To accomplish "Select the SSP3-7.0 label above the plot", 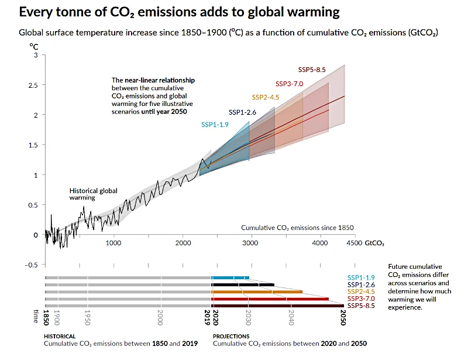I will tap(289, 84).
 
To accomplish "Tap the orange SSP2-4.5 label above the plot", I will tap(266, 97).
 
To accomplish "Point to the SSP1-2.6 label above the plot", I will tap(242, 112).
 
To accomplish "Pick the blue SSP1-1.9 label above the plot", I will tap(215, 125).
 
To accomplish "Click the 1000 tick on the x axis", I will tap(113, 242).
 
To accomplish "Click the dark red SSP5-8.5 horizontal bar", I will tap(277, 306).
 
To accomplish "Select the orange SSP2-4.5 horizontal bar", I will tap(257, 292).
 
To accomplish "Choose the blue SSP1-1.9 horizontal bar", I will tap(230, 277).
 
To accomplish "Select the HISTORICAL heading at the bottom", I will tap(60, 337).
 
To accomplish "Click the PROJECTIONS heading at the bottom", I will tap(231, 337).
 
